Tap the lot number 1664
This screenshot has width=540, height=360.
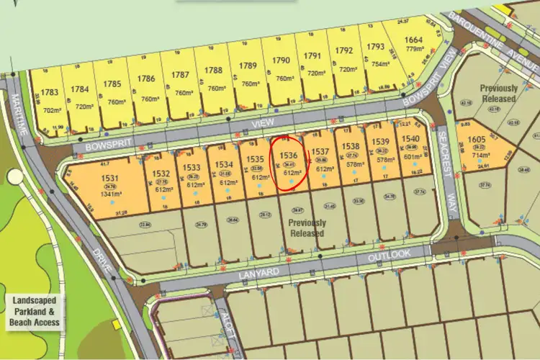pyautogui.click(x=413, y=40)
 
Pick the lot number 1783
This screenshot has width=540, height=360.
pyautogui.click(x=50, y=92)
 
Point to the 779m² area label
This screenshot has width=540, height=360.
pyautogui.click(x=413, y=49)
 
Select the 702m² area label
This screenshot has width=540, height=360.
pyautogui.click(x=50, y=111)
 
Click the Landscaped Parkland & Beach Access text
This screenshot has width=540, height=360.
pyautogui.click(x=33, y=311)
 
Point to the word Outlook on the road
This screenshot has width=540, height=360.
pyautogui.click(x=389, y=255)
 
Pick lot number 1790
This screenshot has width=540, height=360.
pyautogui.click(x=282, y=61)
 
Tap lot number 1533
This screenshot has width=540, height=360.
pyautogui.click(x=191, y=168)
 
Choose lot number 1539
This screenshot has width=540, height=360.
pyautogui.click(x=382, y=140)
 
